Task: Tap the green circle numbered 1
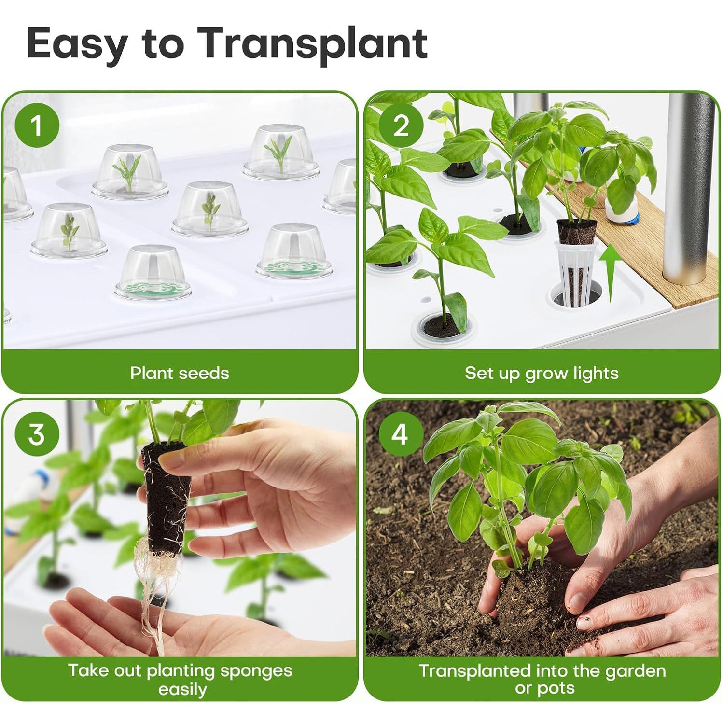[x=37, y=125]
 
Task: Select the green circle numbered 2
[x=400, y=125]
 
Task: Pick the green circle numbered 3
[x=37, y=434]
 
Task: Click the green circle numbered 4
[x=400, y=434]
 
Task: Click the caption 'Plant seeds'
[x=180, y=373]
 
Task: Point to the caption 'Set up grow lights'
[x=542, y=373]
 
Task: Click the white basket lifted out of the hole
[x=575, y=273]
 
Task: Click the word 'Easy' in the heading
[x=77, y=43]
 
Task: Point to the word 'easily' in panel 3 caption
[x=182, y=689]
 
